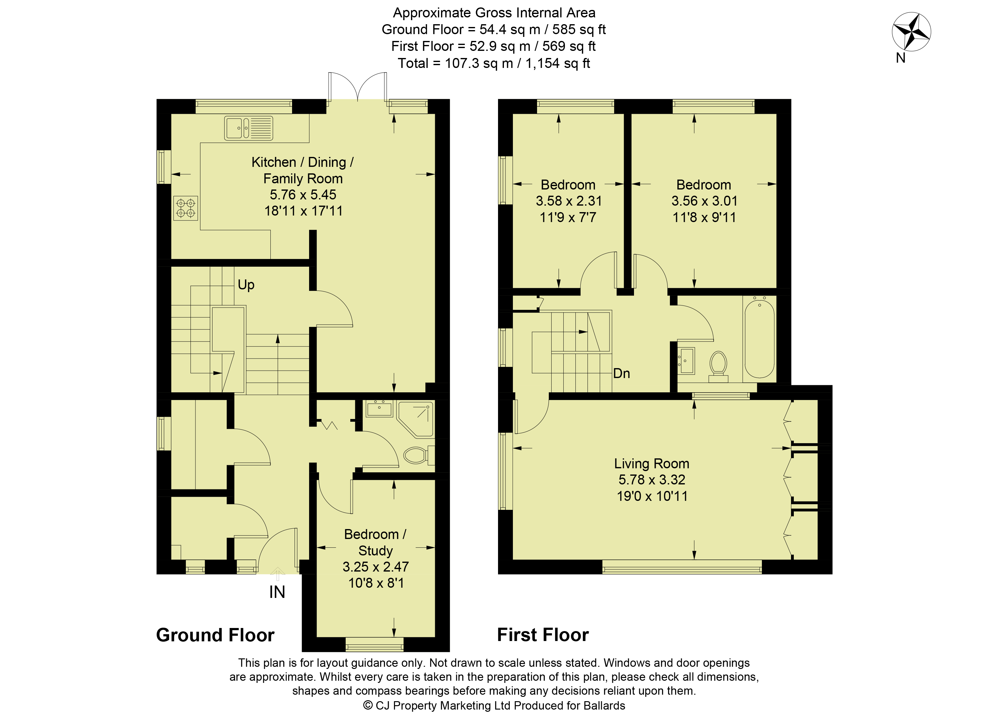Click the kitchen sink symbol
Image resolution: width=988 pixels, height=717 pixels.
tap(248, 128)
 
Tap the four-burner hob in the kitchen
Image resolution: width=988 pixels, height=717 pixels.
tap(186, 208)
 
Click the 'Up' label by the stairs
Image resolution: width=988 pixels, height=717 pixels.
tap(246, 285)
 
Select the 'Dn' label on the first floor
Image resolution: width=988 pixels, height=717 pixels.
tap(621, 373)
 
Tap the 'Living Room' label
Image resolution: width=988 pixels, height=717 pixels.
tap(652, 463)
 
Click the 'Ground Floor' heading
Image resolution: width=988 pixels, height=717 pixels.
tap(215, 635)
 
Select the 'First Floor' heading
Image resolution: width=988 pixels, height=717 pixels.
tap(543, 635)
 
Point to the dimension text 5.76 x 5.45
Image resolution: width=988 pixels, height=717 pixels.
tap(303, 194)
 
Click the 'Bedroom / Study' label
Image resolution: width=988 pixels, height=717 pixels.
tap(375, 542)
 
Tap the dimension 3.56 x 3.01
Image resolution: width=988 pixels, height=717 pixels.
tap(704, 201)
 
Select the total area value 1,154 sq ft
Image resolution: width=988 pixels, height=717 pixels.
tap(557, 63)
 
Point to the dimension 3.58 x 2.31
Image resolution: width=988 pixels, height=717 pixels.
tap(569, 201)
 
